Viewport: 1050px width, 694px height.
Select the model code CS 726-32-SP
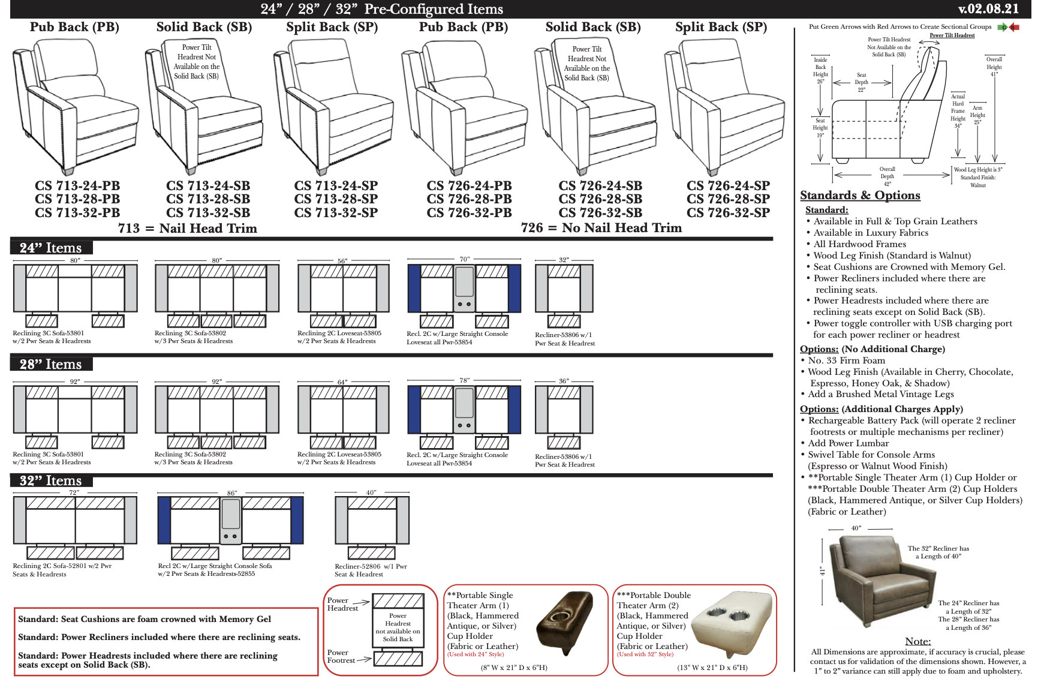click(728, 213)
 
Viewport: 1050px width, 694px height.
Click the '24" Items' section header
click(51, 248)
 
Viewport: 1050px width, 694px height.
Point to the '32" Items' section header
click(51, 480)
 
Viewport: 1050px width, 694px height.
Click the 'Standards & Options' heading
click(860, 196)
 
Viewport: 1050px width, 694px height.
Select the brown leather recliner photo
click(879, 581)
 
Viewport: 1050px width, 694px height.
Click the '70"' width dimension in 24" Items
click(465, 259)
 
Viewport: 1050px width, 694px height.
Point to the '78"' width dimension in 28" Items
click(465, 380)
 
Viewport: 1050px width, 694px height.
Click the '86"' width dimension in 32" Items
click(232, 493)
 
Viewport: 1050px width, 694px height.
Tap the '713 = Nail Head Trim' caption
click(187, 229)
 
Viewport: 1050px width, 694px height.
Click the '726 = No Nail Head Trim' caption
click(601, 228)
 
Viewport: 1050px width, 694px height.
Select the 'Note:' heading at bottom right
click(917, 641)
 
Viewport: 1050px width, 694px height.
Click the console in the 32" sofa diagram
click(230, 519)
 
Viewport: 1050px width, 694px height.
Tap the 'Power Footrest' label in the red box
click(341, 656)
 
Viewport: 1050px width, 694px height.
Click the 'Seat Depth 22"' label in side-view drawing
click(861, 82)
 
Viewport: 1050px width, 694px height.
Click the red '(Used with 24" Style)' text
click(476, 654)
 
